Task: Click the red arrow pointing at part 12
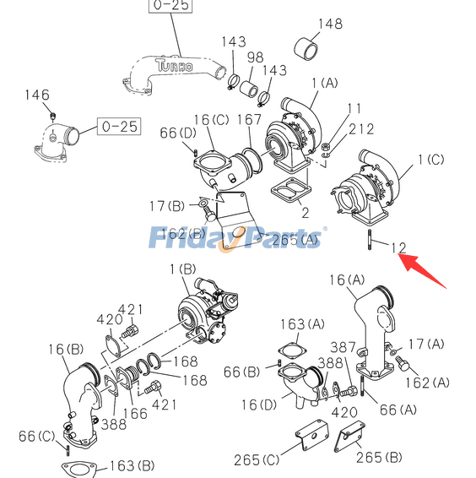(425, 269)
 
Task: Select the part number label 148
(330, 23)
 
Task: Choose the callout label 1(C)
(430, 159)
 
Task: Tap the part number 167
(249, 120)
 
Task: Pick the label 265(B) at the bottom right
(379, 457)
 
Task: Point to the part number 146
(37, 95)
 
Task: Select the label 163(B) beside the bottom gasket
(131, 465)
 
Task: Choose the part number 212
(361, 128)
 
